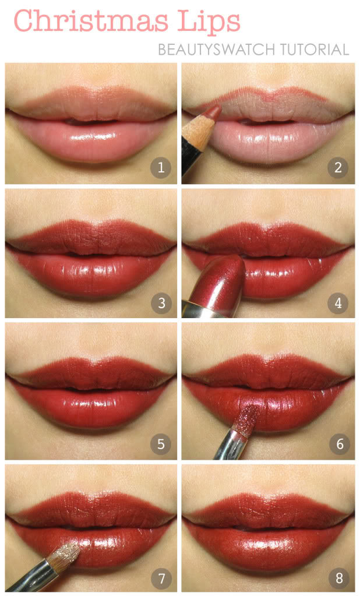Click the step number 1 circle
[161, 168]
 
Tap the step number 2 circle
[338, 168]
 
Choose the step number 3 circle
[161, 302]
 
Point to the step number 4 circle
[338, 302]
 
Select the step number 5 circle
[161, 445]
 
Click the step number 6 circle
[338, 445]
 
